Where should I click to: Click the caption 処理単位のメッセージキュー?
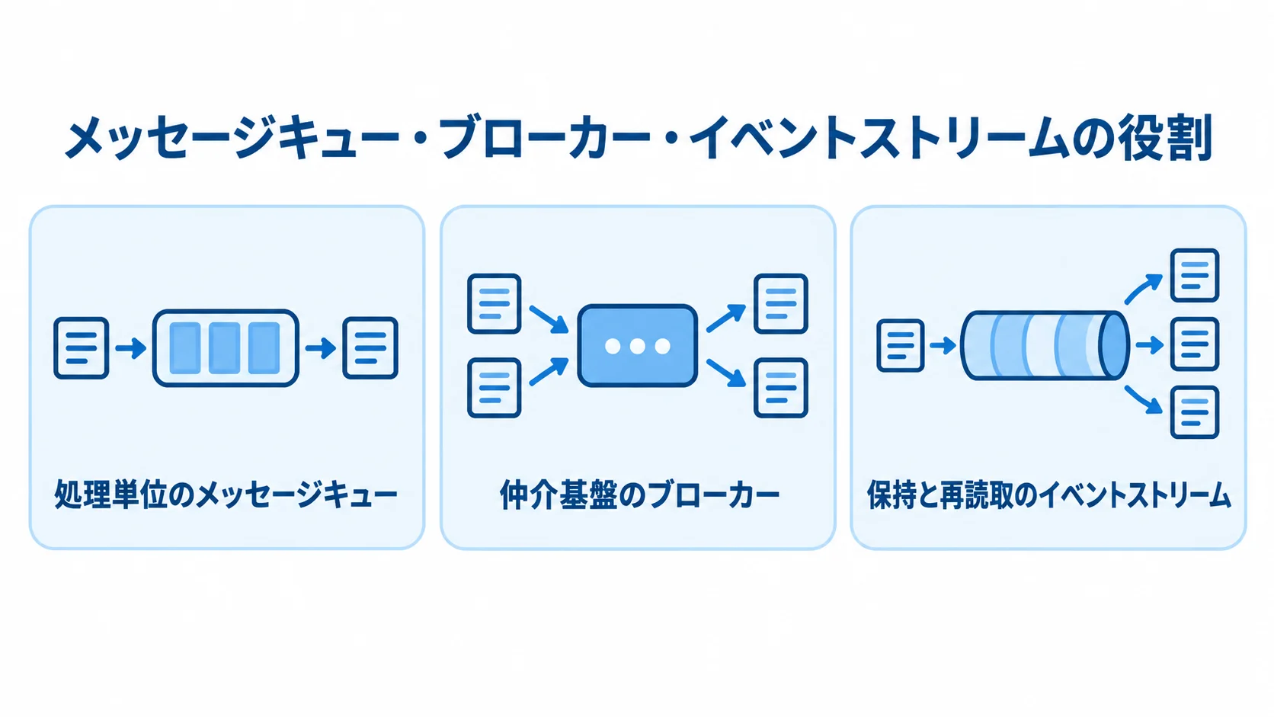pyautogui.click(x=226, y=495)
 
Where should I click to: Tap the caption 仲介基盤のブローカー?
pyautogui.click(x=639, y=495)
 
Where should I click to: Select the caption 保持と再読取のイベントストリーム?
pyautogui.click(x=1048, y=495)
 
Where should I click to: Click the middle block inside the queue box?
pyautogui.click(x=225, y=348)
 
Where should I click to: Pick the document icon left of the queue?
pyautogui.click(x=82, y=348)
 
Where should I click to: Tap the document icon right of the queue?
pyautogui.click(x=370, y=348)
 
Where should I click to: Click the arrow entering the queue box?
pyautogui.click(x=131, y=348)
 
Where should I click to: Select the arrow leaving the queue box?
pyautogui.click(x=321, y=348)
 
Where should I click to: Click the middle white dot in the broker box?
pyautogui.click(x=638, y=346)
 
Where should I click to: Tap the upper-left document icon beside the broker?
pyautogui.click(x=495, y=303)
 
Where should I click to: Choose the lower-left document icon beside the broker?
pyautogui.click(x=495, y=388)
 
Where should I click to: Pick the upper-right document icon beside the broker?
pyautogui.click(x=781, y=303)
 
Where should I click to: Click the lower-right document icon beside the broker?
pyautogui.click(x=781, y=388)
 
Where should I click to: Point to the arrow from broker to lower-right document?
pyautogui.click(x=725, y=373)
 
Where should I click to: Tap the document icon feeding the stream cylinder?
pyautogui.click(x=901, y=346)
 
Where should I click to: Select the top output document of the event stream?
pyautogui.click(x=1195, y=275)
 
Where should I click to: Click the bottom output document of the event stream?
pyautogui.click(x=1195, y=412)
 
